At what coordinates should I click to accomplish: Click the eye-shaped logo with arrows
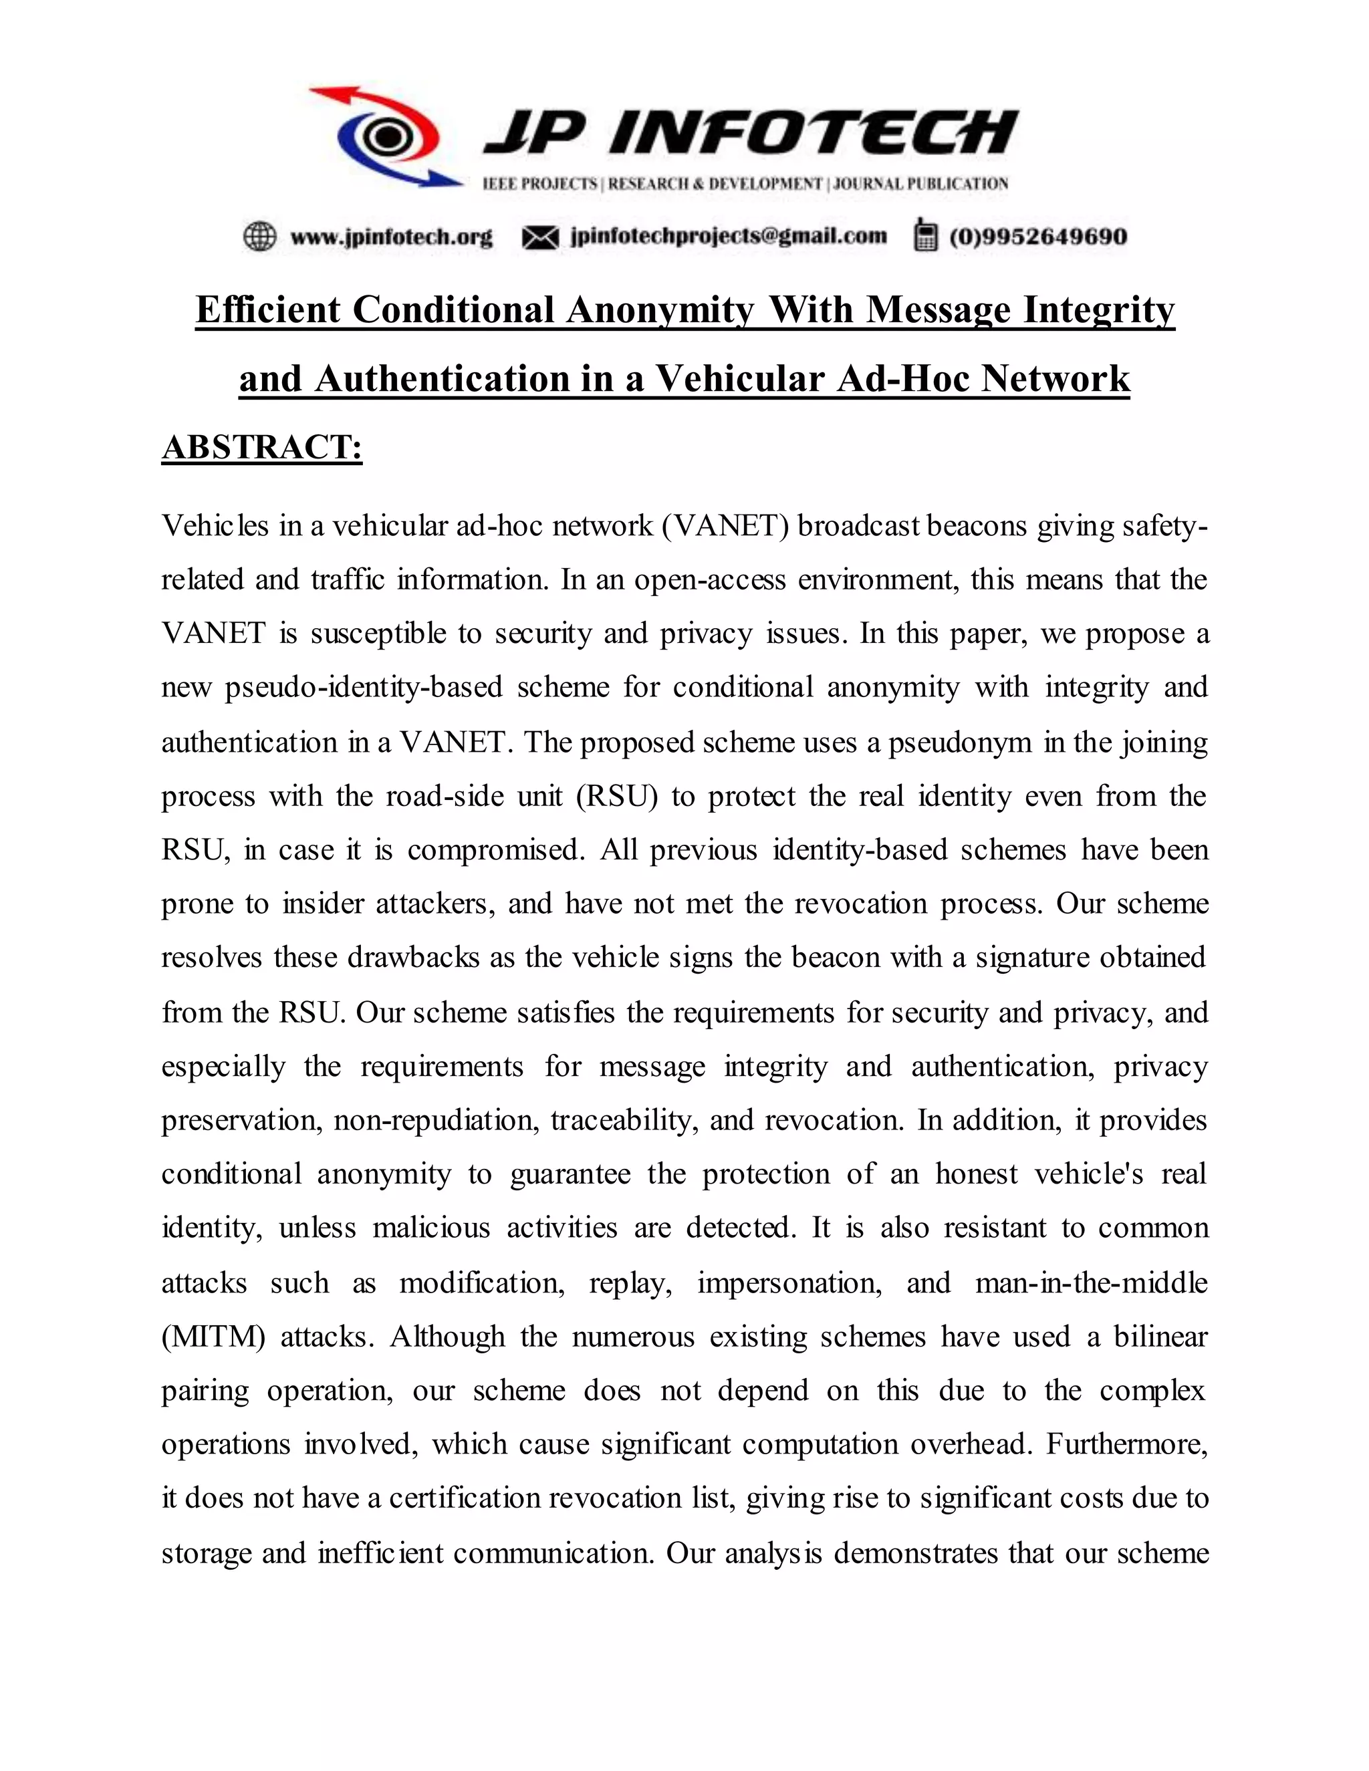tap(388, 136)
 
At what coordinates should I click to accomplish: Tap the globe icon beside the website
tap(259, 237)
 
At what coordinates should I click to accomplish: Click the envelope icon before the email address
tap(540, 237)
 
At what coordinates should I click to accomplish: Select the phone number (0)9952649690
tap(1038, 237)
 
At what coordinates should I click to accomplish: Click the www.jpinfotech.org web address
tap(391, 237)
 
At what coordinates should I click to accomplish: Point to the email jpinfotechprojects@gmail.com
tap(729, 236)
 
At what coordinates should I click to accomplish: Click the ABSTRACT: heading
tap(262, 448)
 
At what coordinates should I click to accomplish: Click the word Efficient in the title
tap(267, 310)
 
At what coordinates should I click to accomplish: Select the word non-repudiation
tap(437, 1120)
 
